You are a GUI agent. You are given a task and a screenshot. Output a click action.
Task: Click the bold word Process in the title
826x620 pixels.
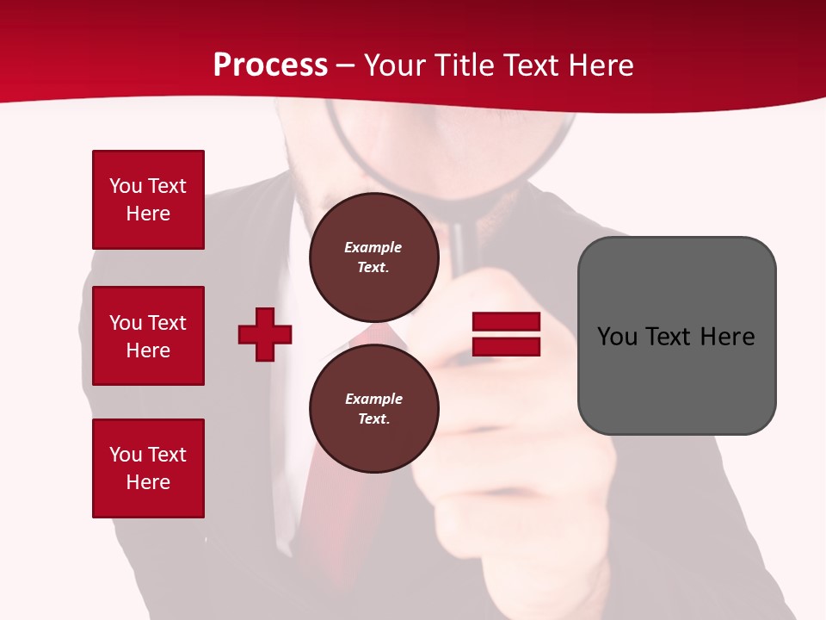(270, 65)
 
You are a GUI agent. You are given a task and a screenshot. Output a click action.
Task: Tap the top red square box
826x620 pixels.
(148, 200)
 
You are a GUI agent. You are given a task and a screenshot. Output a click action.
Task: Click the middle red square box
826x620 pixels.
(148, 336)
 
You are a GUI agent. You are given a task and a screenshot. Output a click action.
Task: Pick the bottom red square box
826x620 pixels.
(148, 468)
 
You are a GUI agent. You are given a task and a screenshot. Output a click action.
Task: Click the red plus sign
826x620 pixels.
(265, 334)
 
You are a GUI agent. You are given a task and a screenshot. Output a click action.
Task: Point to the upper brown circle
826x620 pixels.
(373, 257)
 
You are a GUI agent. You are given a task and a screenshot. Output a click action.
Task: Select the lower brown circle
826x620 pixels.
(373, 408)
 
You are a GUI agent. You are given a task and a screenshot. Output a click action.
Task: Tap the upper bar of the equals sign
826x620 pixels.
(506, 322)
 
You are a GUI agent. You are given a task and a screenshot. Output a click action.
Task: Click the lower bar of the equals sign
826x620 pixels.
(506, 347)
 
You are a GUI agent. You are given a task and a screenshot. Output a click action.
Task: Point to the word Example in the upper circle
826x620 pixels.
(373, 247)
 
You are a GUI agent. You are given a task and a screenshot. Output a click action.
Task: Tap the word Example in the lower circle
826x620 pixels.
(373, 399)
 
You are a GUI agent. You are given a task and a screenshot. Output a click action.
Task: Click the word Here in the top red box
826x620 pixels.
(148, 214)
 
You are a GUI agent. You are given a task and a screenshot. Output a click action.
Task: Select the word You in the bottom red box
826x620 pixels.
(125, 455)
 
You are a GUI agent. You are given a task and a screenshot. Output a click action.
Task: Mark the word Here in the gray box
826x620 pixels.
(728, 337)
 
